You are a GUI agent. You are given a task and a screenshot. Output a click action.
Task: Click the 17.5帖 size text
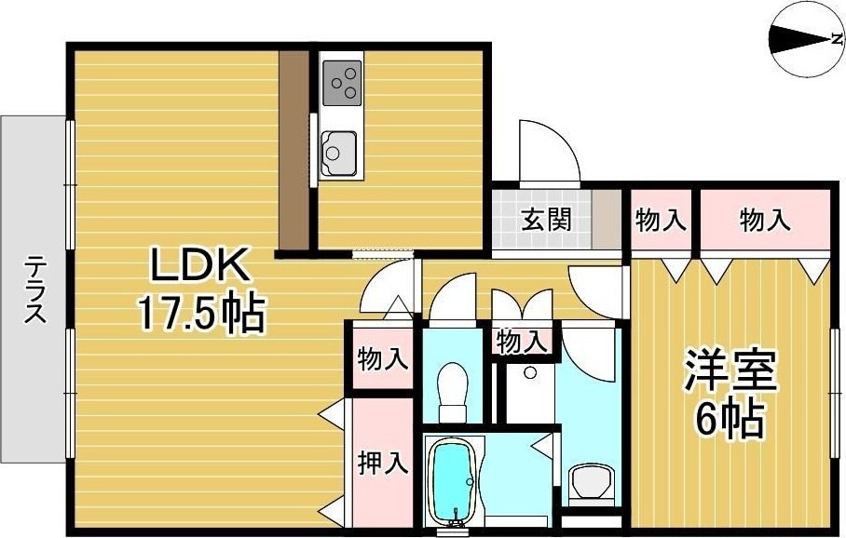(201, 314)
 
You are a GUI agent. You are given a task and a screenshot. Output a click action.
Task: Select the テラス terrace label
(35, 289)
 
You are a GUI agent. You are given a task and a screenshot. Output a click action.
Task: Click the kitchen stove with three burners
(342, 80)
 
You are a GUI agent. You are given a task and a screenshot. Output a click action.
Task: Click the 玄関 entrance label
(544, 221)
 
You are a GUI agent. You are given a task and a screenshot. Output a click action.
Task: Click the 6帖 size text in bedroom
(730, 419)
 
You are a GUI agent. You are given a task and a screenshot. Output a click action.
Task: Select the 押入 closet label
(383, 463)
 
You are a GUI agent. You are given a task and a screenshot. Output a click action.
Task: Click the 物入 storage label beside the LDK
(383, 358)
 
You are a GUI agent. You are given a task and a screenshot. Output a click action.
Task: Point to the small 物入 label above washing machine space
(522, 341)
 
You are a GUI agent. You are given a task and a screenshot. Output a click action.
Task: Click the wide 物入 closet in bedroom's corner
(764, 221)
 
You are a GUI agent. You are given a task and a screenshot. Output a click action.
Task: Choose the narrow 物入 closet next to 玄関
(661, 221)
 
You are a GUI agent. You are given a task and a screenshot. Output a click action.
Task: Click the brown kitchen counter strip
(294, 149)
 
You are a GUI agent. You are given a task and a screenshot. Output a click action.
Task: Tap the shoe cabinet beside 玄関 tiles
(608, 219)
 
